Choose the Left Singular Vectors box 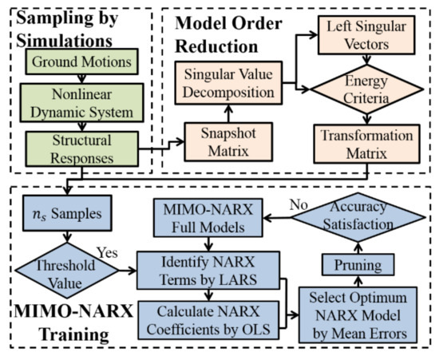tap(362, 34)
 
